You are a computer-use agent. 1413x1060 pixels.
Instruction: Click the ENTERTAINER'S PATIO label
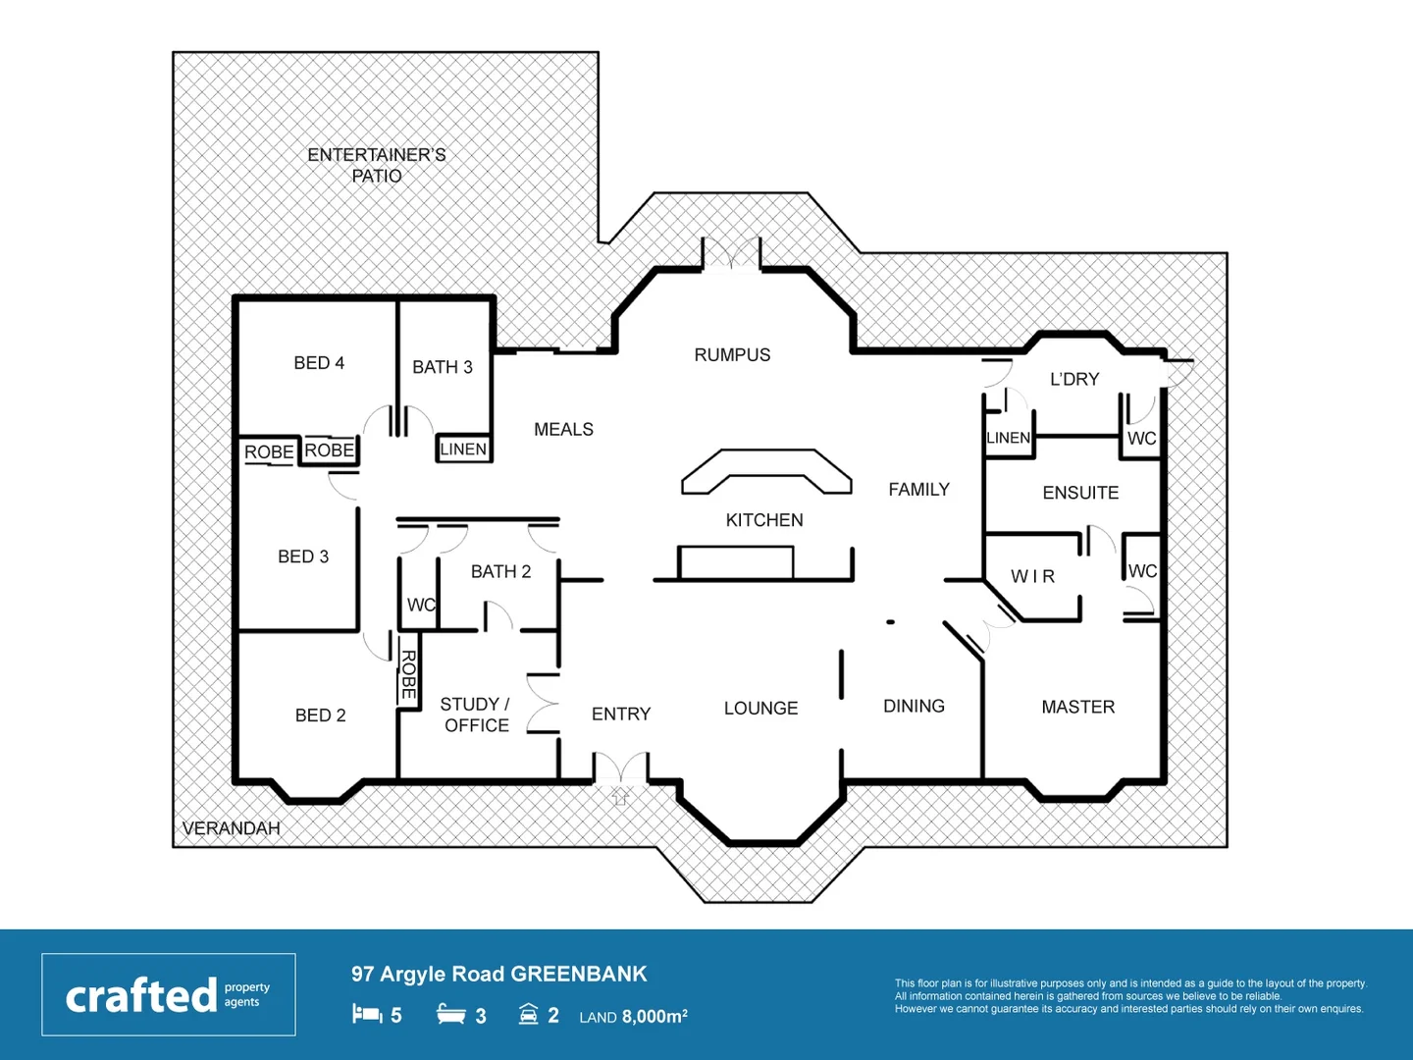[377, 165]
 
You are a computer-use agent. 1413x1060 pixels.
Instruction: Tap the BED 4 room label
[319, 363]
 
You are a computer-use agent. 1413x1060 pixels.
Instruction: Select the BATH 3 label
[442, 367]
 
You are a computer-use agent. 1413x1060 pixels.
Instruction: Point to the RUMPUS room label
[732, 355]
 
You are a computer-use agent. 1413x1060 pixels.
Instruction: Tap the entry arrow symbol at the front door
[620, 796]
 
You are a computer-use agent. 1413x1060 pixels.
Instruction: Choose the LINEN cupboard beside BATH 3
[463, 450]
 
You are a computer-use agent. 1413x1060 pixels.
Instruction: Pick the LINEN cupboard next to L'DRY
[1008, 438]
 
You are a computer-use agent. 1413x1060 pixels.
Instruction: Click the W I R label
[1032, 577]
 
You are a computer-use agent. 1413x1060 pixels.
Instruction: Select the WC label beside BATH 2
[421, 606]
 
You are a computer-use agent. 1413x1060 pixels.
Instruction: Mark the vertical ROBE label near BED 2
[408, 674]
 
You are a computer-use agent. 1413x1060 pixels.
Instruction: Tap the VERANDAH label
[232, 828]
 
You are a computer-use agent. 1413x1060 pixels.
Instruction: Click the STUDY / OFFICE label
[476, 715]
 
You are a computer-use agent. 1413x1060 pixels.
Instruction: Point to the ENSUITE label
[1080, 493]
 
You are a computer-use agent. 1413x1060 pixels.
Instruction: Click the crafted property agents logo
[168, 994]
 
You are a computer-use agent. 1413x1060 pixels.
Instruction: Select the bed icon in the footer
[367, 1014]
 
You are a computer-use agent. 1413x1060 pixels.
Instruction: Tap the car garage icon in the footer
[528, 1014]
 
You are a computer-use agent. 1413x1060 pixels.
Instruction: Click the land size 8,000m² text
[654, 1017]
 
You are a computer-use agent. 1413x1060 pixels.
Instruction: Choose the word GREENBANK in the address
[579, 974]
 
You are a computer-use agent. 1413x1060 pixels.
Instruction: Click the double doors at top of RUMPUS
[731, 253]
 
